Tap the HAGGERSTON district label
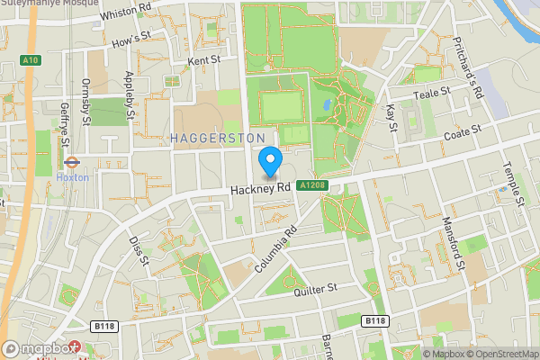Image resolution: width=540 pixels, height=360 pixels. [x=216, y=137]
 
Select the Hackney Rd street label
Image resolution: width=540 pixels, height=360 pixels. [x=260, y=189]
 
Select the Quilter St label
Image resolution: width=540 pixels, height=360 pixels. [x=315, y=288]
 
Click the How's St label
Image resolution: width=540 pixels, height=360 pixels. [x=130, y=40]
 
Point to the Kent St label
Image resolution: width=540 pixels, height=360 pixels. [x=203, y=60]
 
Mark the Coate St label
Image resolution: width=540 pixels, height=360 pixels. [x=463, y=131]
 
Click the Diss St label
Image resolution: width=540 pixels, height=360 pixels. [x=137, y=251]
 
